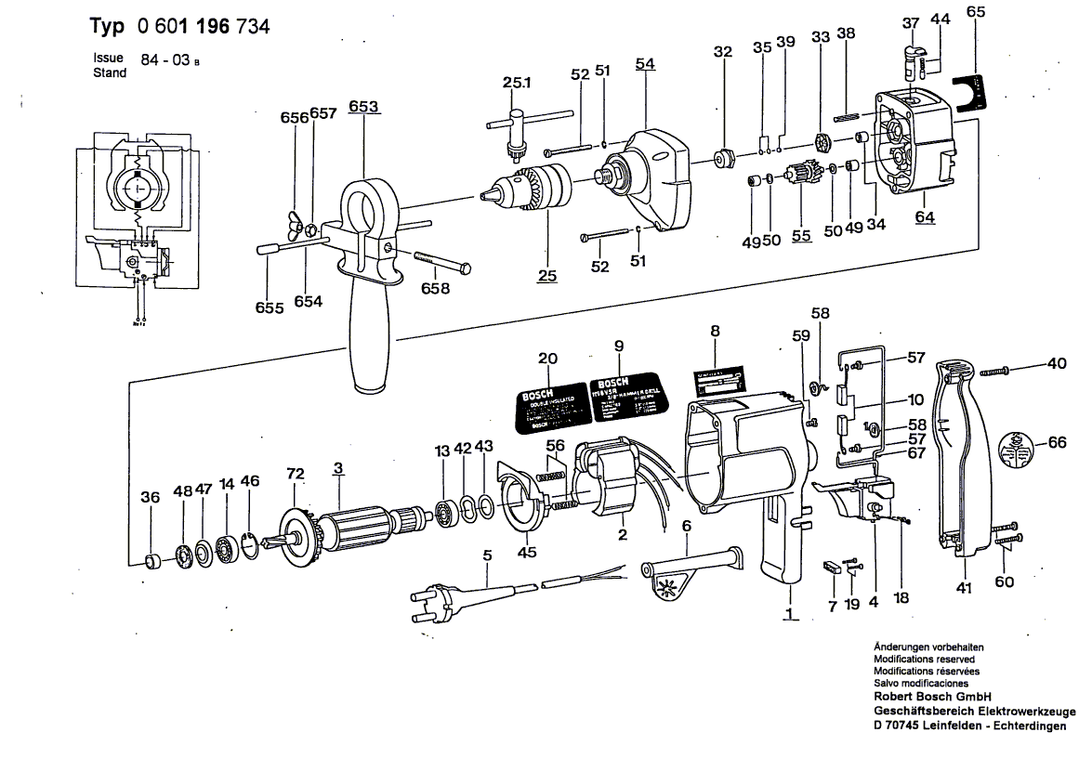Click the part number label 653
pos(364,107)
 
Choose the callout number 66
pos(1058,443)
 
